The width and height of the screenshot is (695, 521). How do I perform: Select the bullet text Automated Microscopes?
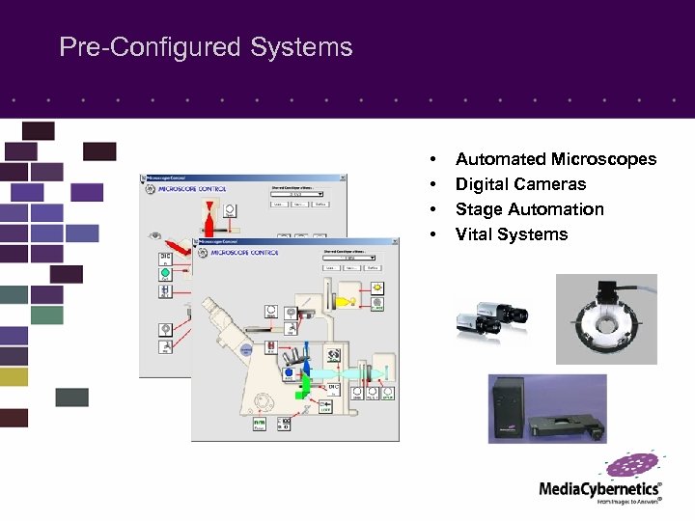(555, 159)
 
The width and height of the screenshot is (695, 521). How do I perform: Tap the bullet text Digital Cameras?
(520, 184)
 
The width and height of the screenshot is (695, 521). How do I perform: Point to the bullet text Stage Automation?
(529, 209)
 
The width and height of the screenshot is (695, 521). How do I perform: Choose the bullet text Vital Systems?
(512, 234)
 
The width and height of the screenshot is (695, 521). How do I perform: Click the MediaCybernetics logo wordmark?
(599, 489)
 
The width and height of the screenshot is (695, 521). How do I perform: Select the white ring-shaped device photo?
(606, 319)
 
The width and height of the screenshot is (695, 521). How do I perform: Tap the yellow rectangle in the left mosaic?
(14, 376)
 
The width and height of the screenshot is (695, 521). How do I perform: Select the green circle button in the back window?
(165, 273)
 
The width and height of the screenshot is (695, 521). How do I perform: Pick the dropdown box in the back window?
(295, 193)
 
